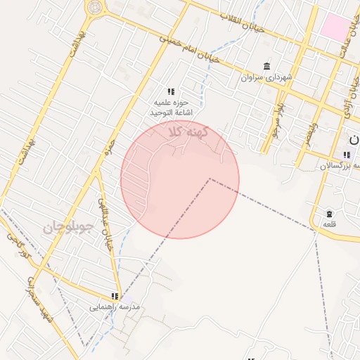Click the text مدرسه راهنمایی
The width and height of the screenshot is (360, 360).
point(115,307)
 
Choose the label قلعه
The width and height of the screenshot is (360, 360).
point(329,224)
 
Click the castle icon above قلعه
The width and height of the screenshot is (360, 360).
point(329,213)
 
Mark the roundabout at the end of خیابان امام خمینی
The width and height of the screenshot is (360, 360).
point(94,8)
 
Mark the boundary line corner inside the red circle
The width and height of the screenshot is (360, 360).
point(209,179)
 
